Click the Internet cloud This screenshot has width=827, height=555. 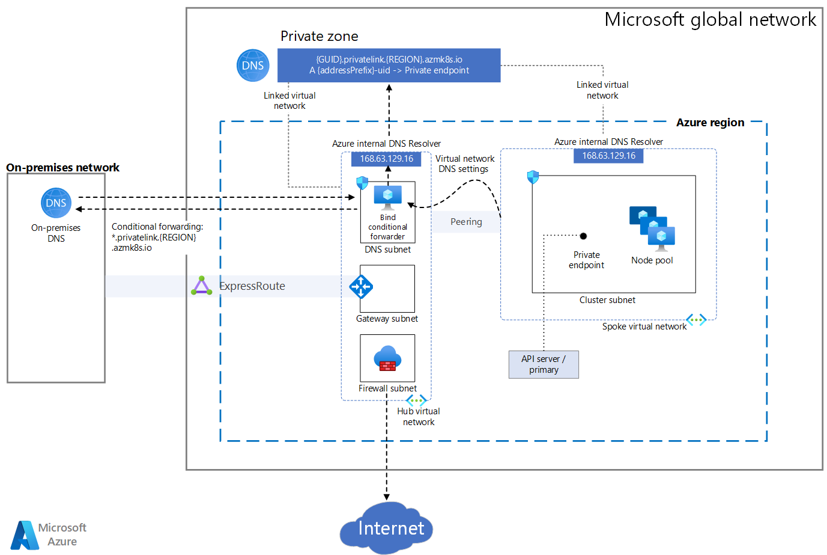pyautogui.click(x=386, y=527)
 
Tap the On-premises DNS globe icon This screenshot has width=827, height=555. pyautogui.click(x=56, y=203)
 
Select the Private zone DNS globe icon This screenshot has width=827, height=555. pyautogui.click(x=253, y=66)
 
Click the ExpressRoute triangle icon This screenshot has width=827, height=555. pyautogui.click(x=202, y=286)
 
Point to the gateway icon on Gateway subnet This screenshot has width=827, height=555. pyautogui.click(x=361, y=287)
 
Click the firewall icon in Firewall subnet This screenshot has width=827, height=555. pyautogui.click(x=387, y=358)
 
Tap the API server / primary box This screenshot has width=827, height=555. pyautogui.click(x=544, y=364)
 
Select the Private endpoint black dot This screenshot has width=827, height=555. pyautogui.click(x=583, y=236)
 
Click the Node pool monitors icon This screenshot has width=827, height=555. pyautogui.click(x=652, y=228)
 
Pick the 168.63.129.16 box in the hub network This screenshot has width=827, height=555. pyautogui.click(x=386, y=159)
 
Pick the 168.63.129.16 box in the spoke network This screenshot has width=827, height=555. pyautogui.click(x=608, y=156)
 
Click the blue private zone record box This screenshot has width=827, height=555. pyautogui.click(x=389, y=65)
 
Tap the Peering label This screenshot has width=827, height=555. pyautogui.click(x=466, y=221)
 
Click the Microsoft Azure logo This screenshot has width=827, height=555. pyautogui.click(x=48, y=535)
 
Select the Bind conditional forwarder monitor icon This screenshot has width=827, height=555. pyautogui.click(x=387, y=197)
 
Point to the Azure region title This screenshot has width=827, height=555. pyautogui.click(x=710, y=123)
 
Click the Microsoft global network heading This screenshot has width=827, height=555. pyautogui.click(x=710, y=19)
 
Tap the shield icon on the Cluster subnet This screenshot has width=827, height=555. pyautogui.click(x=533, y=177)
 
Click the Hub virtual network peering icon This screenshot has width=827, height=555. pyautogui.click(x=416, y=400)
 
